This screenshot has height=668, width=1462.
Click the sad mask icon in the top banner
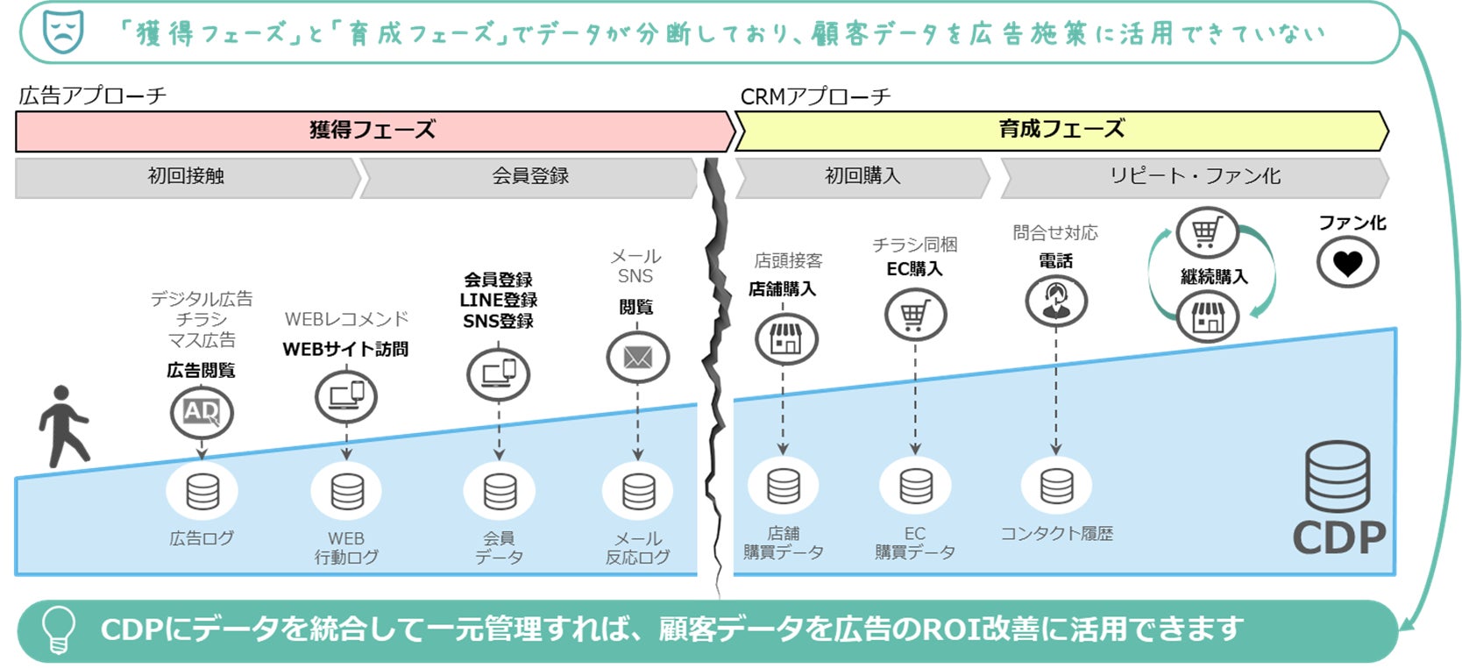(63, 32)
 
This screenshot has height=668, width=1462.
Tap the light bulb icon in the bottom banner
(59, 629)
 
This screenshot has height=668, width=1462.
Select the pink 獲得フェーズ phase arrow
(373, 131)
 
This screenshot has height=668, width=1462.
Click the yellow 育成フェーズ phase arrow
(1061, 130)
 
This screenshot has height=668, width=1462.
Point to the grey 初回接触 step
(186, 176)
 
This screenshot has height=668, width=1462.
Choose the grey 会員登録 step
(529, 176)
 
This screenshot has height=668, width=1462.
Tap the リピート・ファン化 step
(1194, 176)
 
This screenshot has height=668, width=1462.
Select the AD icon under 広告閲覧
(202, 412)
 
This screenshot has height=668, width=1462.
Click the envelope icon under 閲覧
(637, 358)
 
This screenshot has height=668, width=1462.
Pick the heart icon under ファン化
(1347, 262)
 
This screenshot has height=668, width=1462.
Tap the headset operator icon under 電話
(1056, 301)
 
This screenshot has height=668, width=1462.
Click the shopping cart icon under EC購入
(914, 314)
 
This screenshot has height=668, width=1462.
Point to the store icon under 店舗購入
(785, 338)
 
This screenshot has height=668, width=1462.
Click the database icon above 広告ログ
(202, 492)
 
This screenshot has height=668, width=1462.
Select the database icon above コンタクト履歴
(1056, 486)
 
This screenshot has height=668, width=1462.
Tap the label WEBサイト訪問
(345, 349)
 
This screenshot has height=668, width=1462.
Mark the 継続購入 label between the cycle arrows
(1213, 277)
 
